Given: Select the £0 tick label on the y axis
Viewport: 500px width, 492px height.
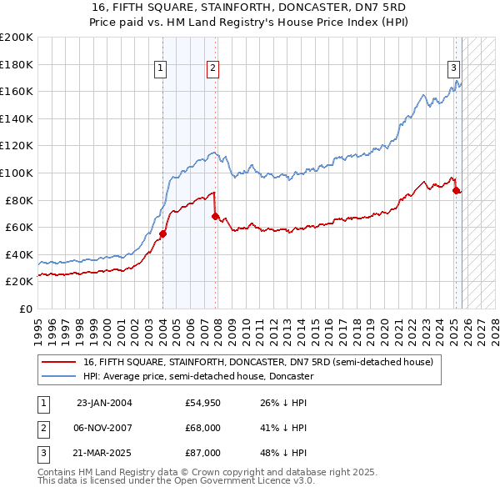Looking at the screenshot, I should pyautogui.click(x=25, y=309).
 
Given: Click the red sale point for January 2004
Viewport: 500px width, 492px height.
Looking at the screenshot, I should pyautogui.click(x=162, y=233).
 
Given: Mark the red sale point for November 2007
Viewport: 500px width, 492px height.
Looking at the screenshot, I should pyautogui.click(x=215, y=216).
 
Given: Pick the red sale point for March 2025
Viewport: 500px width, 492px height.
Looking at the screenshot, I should pyautogui.click(x=456, y=190).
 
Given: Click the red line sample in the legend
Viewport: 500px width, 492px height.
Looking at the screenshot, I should pyautogui.click(x=59, y=363).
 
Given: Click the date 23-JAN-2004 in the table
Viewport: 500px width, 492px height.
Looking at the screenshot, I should pyautogui.click(x=103, y=403).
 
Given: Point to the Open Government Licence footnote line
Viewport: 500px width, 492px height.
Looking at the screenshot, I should pyautogui.click(x=177, y=481).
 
